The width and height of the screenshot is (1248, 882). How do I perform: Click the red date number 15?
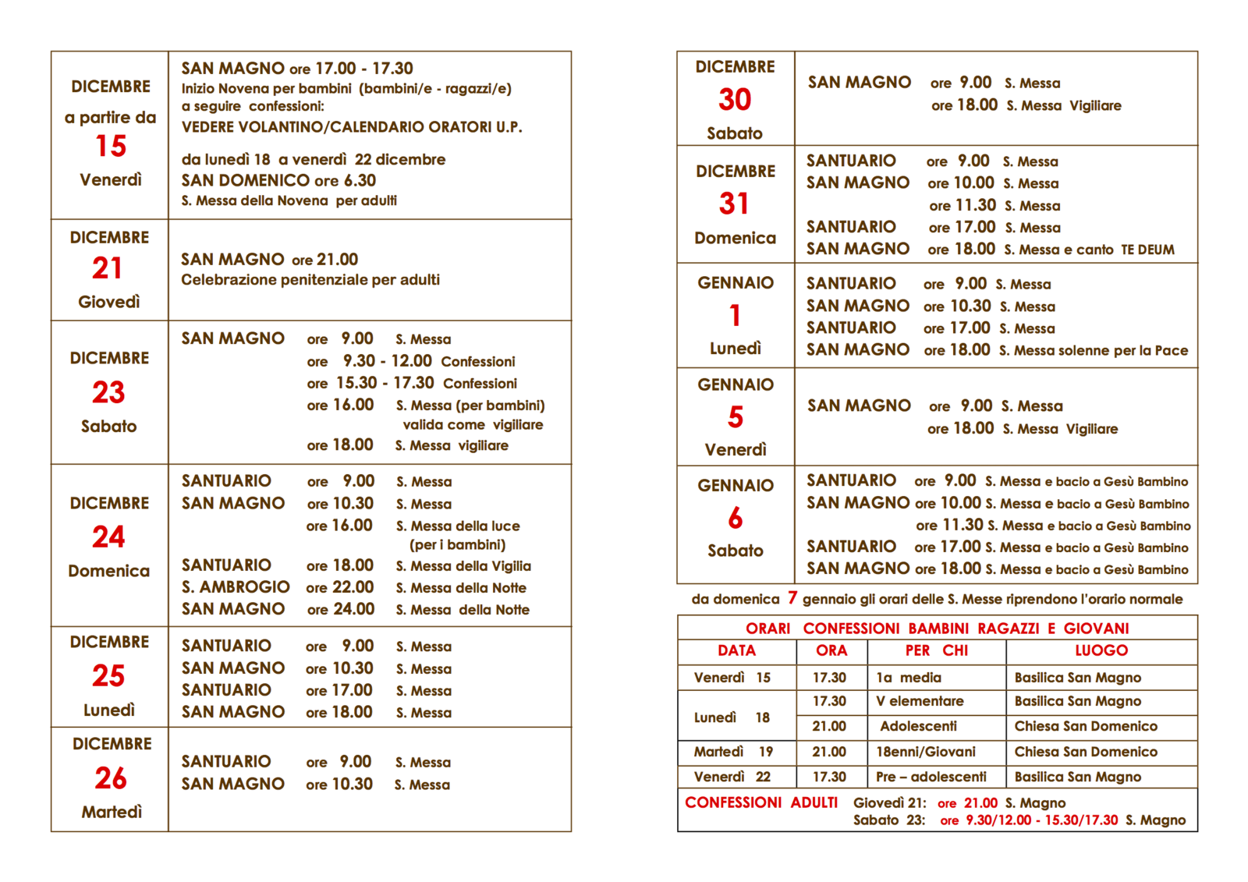[111, 146]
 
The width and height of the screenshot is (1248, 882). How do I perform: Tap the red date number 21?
[108, 268]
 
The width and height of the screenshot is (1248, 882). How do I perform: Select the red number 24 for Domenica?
[108, 537]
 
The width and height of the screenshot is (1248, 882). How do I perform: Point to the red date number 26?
[111, 778]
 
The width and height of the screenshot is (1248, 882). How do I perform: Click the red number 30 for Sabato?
[735, 99]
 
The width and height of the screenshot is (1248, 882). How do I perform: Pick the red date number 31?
[734, 204]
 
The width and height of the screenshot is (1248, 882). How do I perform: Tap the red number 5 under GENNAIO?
[736, 417]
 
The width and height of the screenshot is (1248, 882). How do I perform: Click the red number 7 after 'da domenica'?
[792, 598]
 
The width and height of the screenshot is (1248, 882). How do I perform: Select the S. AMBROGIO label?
[236, 587]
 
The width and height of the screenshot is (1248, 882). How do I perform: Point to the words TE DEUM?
[1147, 250]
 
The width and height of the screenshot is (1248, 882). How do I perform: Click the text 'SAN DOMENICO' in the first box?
[246, 180]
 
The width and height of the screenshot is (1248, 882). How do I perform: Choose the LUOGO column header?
[1101, 650]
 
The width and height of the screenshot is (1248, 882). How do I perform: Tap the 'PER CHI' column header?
[936, 650]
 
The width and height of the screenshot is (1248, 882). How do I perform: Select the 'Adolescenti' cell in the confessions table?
[918, 726]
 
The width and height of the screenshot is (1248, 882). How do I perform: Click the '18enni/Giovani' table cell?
[925, 752]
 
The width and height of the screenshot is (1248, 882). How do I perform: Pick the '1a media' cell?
[908, 678]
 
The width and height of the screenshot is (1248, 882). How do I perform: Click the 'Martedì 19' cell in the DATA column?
[733, 752]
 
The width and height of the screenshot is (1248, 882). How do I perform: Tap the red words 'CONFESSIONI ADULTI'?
[760, 802]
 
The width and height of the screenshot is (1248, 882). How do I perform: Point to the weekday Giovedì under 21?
[109, 302]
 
